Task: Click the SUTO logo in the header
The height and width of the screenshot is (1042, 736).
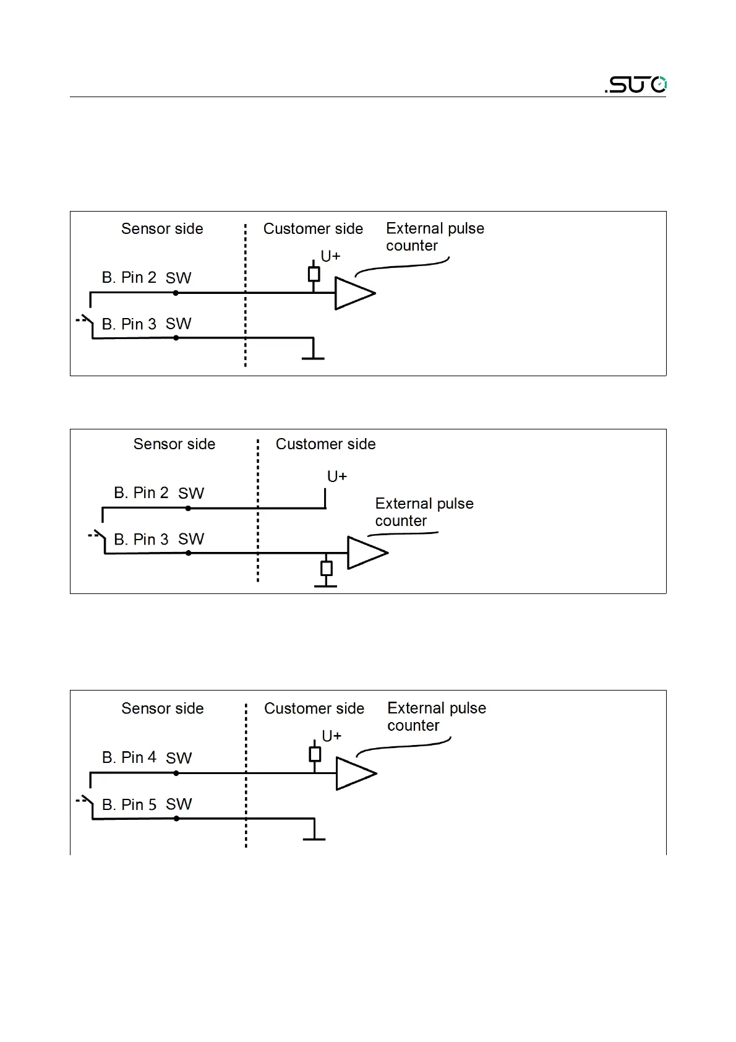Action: [x=636, y=85]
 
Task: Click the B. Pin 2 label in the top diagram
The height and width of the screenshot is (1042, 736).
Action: [x=129, y=278]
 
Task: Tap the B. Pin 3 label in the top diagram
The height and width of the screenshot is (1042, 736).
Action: [x=129, y=324]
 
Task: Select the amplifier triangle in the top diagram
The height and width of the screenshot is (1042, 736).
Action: [x=353, y=293]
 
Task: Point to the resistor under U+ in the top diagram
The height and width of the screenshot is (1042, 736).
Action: [x=314, y=274]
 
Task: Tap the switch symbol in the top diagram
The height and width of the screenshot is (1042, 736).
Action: [x=85, y=321]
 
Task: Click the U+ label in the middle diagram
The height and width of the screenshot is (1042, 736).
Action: [x=337, y=476]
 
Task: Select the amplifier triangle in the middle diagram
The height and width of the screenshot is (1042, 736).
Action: [x=366, y=553]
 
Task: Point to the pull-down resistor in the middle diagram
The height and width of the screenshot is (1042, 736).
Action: [x=327, y=568]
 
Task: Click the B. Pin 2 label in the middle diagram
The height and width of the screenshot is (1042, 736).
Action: [x=142, y=493]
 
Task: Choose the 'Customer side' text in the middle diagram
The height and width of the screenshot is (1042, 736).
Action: [x=325, y=444]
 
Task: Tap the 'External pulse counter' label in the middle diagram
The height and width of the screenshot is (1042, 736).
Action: [x=424, y=512]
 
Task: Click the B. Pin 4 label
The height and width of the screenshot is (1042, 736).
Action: [x=129, y=758]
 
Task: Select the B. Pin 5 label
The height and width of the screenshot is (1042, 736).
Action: [x=129, y=804]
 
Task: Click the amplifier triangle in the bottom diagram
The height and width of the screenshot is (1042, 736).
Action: [x=354, y=773]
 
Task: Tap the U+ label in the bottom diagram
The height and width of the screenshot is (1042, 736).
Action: [x=332, y=736]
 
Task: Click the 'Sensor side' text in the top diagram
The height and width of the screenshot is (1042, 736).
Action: [x=162, y=229]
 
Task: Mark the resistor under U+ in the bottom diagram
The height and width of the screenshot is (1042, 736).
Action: [x=315, y=754]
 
